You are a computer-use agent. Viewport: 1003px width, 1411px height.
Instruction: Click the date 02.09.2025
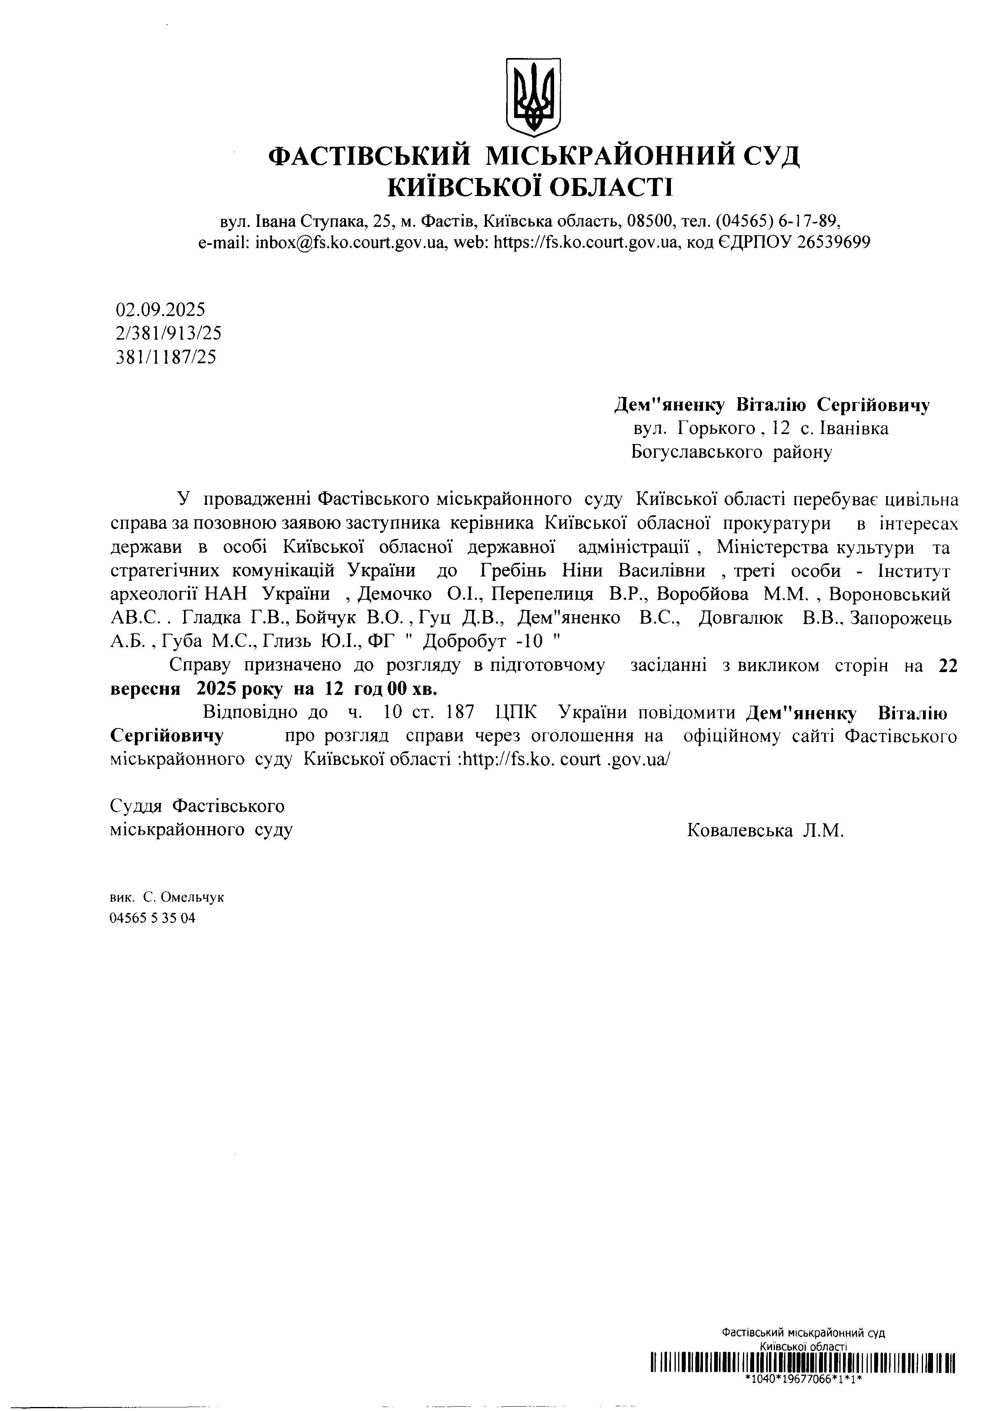160,309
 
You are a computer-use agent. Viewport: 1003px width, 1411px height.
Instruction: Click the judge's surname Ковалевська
739,831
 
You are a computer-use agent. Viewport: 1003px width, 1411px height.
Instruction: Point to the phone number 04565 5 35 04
152,918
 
